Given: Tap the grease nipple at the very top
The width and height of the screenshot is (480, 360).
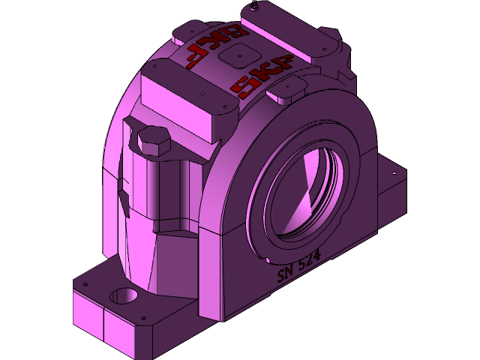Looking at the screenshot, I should [256, 7].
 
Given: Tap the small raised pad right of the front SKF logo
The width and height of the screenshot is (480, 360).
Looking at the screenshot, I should [287, 91].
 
